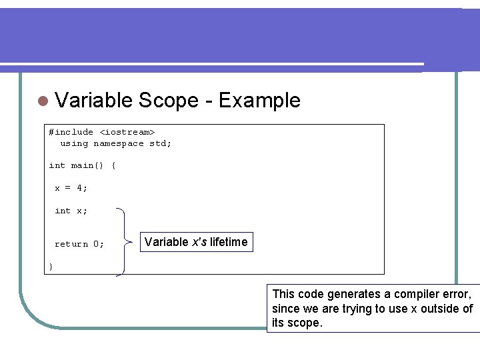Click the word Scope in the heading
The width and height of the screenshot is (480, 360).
tap(169, 101)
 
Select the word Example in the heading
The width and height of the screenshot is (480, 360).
tap(259, 101)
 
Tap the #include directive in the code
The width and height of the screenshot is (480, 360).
tap(71, 132)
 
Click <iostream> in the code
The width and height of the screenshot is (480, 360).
tap(127, 132)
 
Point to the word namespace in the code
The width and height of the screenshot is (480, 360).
tap(118, 143)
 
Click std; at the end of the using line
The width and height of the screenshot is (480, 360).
tap(160, 143)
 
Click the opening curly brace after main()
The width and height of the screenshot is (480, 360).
tap(113, 165)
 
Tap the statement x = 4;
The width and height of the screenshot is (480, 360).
tap(71, 188)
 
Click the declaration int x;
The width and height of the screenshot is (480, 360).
tap(71, 211)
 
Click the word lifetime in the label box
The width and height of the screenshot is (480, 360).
tap(228, 242)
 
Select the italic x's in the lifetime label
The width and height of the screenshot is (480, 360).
tap(199, 242)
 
